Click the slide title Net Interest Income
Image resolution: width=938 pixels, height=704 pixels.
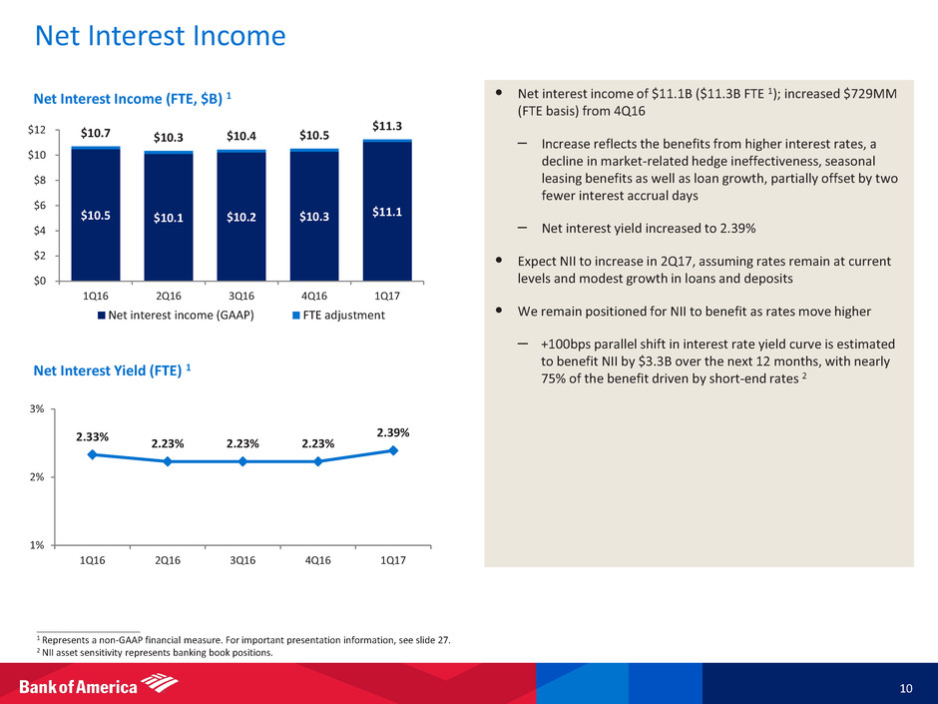(x=160, y=37)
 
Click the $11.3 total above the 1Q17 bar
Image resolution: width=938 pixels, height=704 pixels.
(x=387, y=126)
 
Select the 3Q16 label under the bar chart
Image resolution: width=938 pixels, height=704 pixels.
(x=241, y=296)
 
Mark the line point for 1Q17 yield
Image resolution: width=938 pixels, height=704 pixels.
(x=393, y=450)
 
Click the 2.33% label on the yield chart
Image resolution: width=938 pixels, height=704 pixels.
(x=92, y=436)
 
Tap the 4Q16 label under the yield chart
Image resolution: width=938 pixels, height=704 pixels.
(x=317, y=560)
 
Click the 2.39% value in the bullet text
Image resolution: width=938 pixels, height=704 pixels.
(x=733, y=228)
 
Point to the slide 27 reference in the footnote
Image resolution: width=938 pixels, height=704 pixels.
(x=425, y=640)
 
